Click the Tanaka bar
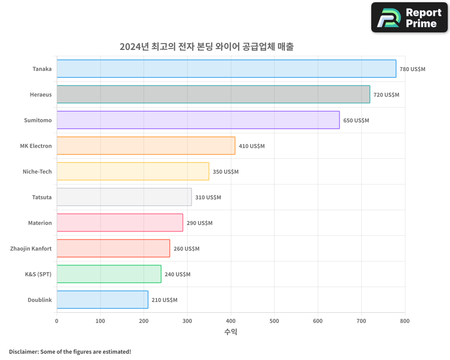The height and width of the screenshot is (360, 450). coord(226,69)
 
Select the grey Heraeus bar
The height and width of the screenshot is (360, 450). coord(213,94)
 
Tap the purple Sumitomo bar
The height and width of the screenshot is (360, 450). coord(198,120)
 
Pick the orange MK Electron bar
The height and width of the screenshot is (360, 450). coord(146,146)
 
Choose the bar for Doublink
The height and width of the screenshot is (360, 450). coord(102,300)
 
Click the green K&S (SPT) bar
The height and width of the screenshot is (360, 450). coord(109,274)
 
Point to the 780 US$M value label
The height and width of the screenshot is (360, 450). coord(412,69)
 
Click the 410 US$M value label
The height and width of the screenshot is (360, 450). coord(252,146)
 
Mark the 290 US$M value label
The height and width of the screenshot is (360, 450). coord(199,223)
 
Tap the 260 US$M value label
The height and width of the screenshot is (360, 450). coord(186,249)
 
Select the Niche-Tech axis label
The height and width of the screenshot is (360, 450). coord(37,171)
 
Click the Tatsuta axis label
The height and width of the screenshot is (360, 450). coord(42,197)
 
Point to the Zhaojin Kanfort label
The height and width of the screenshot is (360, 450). coord(31,248)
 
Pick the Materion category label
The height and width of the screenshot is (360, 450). coord(40,223)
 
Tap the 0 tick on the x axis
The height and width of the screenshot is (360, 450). coord(57,321)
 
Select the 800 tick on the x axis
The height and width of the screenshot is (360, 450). coord(405,321)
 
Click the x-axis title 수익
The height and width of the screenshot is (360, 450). coord(230,332)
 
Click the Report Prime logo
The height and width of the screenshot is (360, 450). coord(409,18)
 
